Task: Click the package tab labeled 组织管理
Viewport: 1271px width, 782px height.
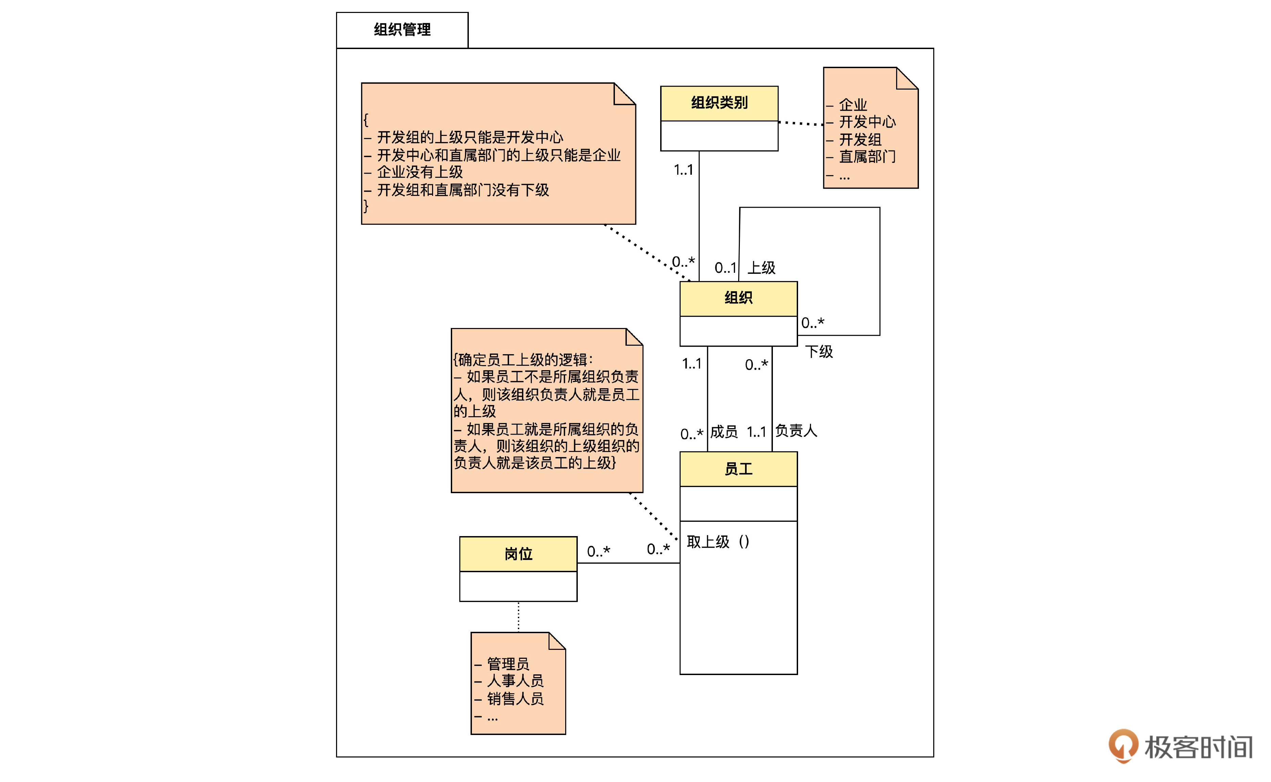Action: (402, 30)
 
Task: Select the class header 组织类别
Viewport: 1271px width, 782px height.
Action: (719, 103)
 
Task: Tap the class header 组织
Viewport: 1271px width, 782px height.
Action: (738, 298)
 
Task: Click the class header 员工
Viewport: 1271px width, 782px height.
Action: (738, 469)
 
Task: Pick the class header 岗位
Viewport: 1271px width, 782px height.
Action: (518, 554)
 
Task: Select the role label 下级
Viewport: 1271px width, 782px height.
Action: (819, 352)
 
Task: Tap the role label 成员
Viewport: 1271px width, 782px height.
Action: (724, 431)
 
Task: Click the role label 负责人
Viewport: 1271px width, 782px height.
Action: (796, 430)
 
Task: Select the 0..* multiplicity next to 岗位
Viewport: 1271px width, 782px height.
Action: (599, 551)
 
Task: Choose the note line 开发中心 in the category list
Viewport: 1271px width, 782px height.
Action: (867, 122)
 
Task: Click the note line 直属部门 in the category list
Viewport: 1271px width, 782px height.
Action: (867, 156)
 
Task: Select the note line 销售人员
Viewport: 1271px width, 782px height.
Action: (515, 699)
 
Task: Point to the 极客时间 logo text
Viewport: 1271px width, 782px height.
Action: (1198, 747)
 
